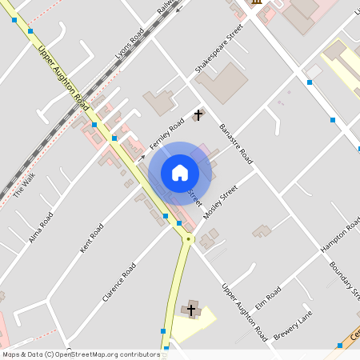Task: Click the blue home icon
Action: [x=180, y=172]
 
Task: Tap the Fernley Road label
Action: [x=166, y=131]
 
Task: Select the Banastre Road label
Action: [x=235, y=143]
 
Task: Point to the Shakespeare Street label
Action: [x=218, y=54]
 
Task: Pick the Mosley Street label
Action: [x=221, y=202]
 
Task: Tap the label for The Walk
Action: [x=25, y=186]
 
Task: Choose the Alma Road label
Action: [x=41, y=227]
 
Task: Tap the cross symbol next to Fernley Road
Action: [x=198, y=117]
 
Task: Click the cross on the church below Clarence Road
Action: [x=191, y=310]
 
